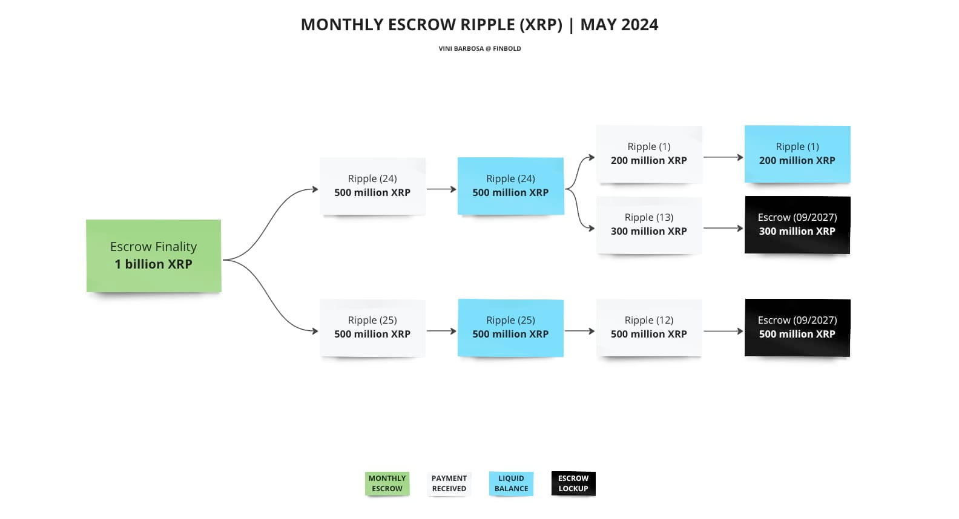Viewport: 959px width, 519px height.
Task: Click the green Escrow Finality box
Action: coord(154,256)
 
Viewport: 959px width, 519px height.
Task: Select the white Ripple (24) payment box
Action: coord(372,186)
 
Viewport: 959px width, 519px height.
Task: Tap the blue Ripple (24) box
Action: coord(511,186)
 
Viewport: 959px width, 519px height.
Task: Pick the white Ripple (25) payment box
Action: coord(372,328)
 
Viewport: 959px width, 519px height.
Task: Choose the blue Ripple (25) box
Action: coord(511,328)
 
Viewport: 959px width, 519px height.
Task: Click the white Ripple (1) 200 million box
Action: coord(649,154)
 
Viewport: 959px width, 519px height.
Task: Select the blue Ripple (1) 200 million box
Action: coord(797,154)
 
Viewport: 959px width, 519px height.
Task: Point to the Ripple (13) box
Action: coord(649,225)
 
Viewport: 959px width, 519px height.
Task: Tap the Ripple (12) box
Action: coord(649,328)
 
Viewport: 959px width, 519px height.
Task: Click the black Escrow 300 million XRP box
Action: coord(797,225)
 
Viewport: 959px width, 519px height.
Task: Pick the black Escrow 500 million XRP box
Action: coord(797,328)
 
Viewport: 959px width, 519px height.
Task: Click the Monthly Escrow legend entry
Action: coord(387,483)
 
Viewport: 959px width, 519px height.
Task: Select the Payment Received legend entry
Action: coord(449,483)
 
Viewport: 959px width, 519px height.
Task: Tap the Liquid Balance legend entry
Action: coord(511,483)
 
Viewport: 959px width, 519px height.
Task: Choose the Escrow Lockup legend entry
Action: coord(573,483)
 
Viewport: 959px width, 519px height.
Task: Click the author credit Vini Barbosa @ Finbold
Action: coord(479,48)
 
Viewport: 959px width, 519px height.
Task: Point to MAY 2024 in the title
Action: coord(619,24)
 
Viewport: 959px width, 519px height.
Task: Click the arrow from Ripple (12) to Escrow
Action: coord(723,331)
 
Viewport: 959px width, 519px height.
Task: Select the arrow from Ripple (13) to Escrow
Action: coord(723,228)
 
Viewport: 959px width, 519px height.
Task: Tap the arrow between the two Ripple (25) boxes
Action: coord(441,331)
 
